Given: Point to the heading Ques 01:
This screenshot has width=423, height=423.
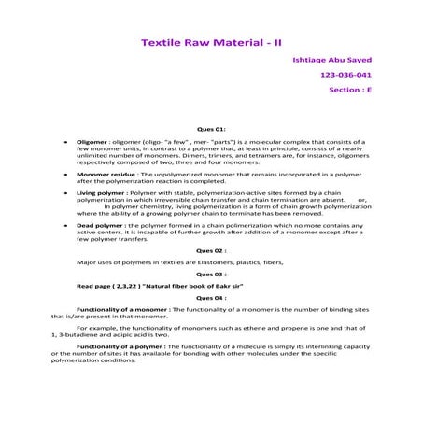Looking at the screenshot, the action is click(x=211, y=128).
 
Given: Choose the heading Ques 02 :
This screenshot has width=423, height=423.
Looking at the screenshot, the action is click(x=211, y=251).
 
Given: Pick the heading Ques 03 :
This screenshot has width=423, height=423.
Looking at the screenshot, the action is click(x=211, y=275).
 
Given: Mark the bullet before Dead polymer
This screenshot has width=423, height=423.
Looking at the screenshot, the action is click(x=63, y=225).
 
